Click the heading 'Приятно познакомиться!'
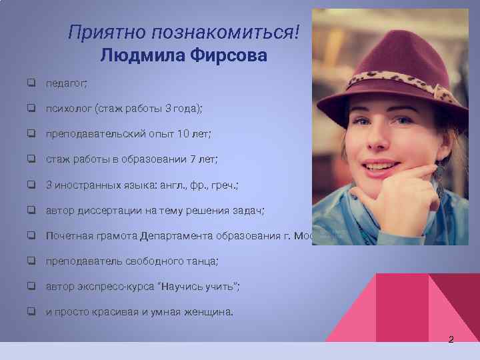coord(189,31)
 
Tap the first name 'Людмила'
coord(143,55)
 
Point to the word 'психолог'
coord(69,109)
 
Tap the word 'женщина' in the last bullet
coord(207,311)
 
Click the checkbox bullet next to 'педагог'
coord(31,83)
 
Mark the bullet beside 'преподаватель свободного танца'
coord(31,261)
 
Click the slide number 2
coord(451,340)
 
